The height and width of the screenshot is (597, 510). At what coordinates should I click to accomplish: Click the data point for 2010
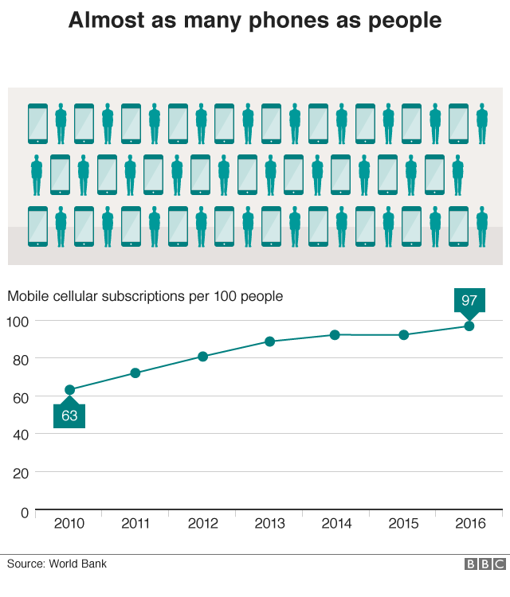coord(69,390)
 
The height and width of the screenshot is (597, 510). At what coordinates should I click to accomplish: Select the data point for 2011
coord(135,373)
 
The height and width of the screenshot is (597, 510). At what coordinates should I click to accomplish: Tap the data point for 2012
coord(202,357)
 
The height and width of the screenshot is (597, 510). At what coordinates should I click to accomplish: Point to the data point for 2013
coord(269,341)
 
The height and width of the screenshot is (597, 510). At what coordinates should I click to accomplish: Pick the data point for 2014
coord(335,335)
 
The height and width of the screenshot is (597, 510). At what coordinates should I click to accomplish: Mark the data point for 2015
coord(403,335)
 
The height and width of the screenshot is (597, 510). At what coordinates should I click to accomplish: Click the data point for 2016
coord(469,326)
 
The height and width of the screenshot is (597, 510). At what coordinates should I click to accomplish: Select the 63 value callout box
coord(69,416)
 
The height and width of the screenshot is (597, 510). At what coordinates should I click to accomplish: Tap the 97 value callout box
coord(469,300)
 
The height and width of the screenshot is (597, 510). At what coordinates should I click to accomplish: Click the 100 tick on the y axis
coord(18,321)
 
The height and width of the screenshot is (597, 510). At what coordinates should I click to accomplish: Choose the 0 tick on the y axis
coord(24,511)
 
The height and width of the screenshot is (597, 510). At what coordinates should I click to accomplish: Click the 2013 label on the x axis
coord(269,524)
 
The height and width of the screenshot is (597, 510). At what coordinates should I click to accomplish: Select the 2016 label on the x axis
coord(469,524)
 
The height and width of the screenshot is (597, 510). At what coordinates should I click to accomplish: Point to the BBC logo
coord(484,564)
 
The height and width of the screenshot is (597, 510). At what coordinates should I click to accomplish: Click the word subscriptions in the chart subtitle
coord(147,297)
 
